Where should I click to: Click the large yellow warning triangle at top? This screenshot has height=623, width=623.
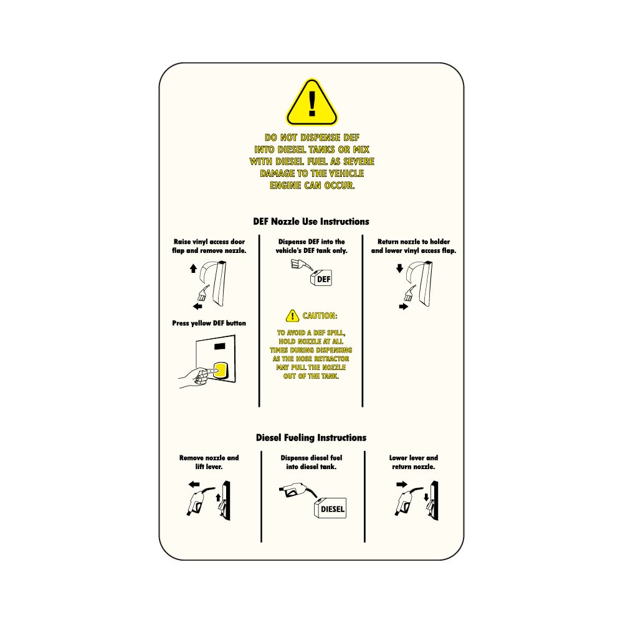click(x=312, y=103)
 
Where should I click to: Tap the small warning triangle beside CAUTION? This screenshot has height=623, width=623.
click(x=292, y=316)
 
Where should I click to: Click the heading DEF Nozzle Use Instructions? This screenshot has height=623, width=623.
click(x=311, y=222)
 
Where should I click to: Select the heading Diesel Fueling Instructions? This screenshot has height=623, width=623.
click(x=311, y=438)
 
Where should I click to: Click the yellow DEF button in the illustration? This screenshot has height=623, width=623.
click(x=221, y=370)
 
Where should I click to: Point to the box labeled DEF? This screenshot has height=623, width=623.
click(x=321, y=278)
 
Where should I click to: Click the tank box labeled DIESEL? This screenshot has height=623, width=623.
click(x=330, y=508)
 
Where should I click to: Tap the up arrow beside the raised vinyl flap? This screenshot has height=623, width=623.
click(x=194, y=269)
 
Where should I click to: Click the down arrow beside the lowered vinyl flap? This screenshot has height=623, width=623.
click(x=400, y=269)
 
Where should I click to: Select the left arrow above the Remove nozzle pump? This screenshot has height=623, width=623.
click(x=194, y=484)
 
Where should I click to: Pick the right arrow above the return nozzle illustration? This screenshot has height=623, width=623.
click(x=402, y=484)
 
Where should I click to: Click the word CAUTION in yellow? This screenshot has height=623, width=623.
click(x=320, y=316)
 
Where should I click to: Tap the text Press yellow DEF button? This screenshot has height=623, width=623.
click(x=209, y=323)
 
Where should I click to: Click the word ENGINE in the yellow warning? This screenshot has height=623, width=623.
click(x=285, y=186)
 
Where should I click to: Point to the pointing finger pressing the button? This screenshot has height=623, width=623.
click(x=199, y=376)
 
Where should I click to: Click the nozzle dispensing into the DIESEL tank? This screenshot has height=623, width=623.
click(x=297, y=491)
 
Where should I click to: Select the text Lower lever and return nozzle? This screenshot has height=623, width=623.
click(x=414, y=462)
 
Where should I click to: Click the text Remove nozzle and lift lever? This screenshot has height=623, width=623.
click(x=209, y=462)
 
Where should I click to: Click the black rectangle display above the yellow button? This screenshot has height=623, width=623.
click(x=220, y=346)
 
